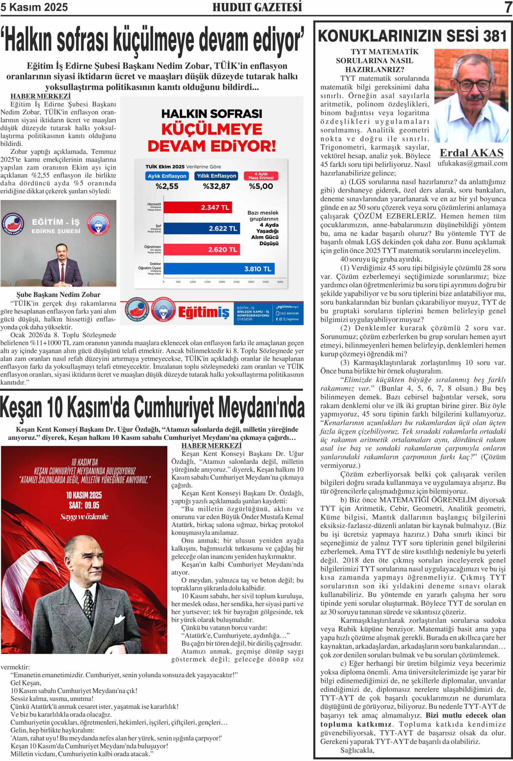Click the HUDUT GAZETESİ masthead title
(257, 7)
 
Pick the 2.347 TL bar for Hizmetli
(198, 207)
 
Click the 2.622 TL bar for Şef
(202, 228)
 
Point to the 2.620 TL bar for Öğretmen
(202, 250)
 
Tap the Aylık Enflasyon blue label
(167, 176)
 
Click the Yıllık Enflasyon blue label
(216, 176)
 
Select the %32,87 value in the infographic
(216, 186)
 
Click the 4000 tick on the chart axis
(280, 282)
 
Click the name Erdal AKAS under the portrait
(471, 153)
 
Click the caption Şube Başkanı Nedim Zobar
(58, 295)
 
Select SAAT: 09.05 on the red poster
(84, 505)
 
